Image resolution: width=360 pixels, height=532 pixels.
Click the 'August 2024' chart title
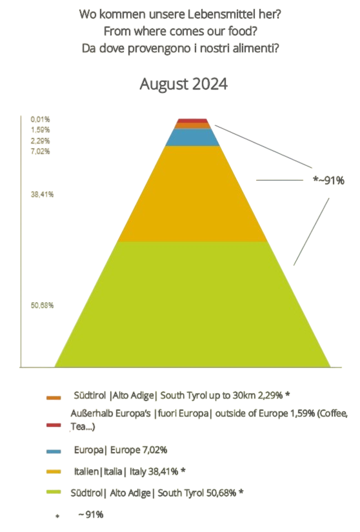point(183,84)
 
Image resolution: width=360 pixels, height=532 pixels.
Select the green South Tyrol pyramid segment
point(192,303)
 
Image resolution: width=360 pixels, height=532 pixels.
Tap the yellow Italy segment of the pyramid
point(192,193)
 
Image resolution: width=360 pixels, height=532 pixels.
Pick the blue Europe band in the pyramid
point(192,137)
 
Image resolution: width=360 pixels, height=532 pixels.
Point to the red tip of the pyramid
point(192,121)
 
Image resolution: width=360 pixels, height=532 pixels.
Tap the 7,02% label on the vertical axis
point(40,152)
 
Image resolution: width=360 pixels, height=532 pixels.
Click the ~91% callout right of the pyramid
point(328,181)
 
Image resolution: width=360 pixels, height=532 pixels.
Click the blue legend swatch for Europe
point(54,450)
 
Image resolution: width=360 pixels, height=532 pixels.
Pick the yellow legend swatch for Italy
point(54,472)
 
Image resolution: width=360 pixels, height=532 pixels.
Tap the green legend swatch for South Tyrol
point(54,493)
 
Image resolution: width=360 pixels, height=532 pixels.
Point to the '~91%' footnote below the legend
point(90,515)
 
